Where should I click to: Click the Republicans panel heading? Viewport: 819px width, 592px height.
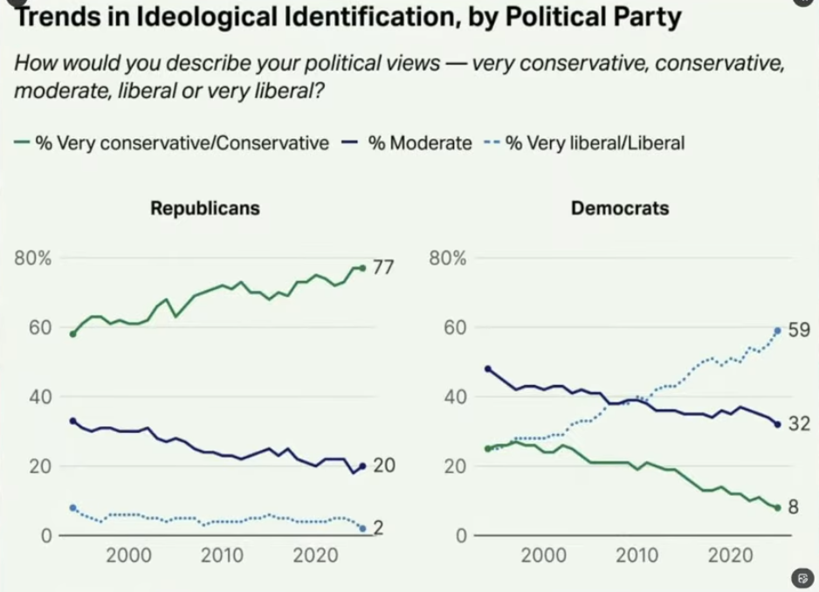pos(205,209)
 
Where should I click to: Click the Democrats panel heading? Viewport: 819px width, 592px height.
pos(620,209)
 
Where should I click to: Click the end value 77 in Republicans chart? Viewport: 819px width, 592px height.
pos(384,268)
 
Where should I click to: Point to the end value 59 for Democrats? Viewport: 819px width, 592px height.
pos(799,330)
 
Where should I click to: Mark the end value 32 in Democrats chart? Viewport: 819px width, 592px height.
pos(799,424)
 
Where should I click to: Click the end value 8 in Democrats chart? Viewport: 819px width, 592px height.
pos(794,507)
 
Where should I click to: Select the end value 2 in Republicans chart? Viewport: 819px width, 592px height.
pos(379,528)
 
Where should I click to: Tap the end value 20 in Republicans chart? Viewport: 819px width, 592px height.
pos(384,466)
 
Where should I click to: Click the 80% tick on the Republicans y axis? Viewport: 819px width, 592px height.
pos(33,258)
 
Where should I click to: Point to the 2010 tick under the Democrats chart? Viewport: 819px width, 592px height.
pos(637,556)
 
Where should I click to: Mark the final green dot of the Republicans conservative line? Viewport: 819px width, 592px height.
pos(362,268)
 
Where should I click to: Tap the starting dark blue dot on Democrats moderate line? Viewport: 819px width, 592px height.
pos(487,368)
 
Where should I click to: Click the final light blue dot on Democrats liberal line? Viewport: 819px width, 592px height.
pos(777,331)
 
